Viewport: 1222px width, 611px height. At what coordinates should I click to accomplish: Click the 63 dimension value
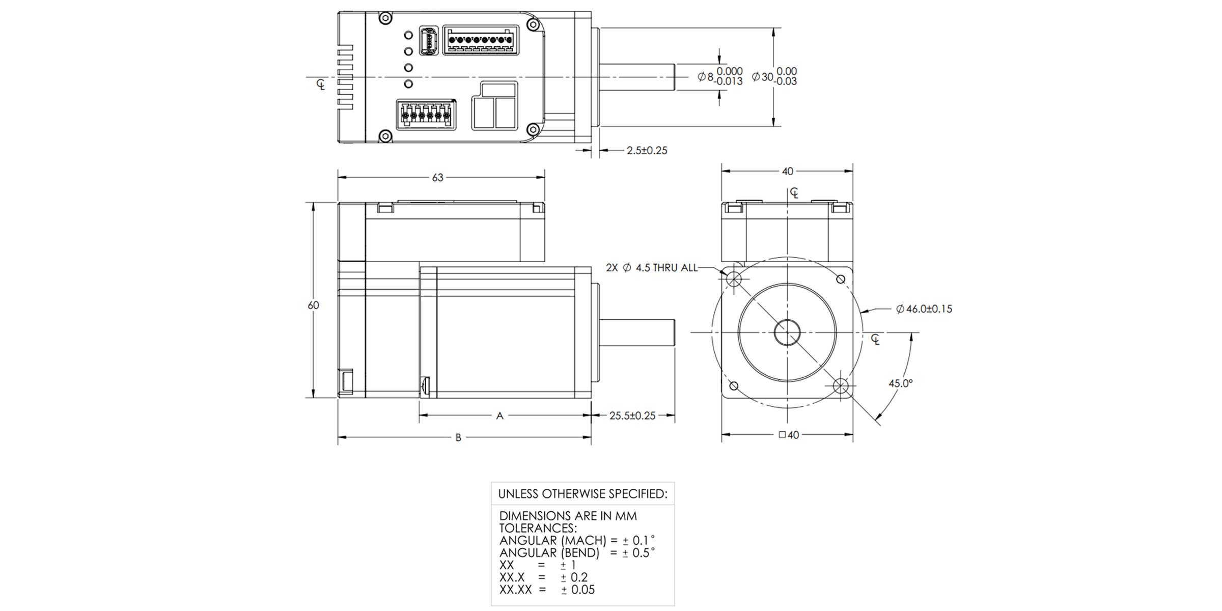[437, 178]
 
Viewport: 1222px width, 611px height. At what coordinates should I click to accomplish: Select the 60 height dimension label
[313, 305]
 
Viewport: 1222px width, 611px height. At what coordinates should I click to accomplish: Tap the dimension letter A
[499, 416]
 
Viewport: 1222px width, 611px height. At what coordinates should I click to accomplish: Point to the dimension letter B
[458, 438]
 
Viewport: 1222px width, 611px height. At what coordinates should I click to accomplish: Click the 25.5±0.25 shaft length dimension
[632, 416]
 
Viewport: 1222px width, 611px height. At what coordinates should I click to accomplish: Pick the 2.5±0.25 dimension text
[647, 151]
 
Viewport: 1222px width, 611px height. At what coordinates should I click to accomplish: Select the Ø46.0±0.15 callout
[924, 309]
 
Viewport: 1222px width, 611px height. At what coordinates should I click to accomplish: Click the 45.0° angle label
[900, 383]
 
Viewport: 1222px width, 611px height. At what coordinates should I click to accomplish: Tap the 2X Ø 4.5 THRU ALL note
[651, 268]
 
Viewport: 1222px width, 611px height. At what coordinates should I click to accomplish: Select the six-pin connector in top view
[426, 114]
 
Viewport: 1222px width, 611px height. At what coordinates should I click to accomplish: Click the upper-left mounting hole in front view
[734, 279]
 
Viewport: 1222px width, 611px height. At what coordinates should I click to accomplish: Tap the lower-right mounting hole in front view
[841, 386]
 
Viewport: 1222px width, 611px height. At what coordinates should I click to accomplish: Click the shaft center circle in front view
[787, 332]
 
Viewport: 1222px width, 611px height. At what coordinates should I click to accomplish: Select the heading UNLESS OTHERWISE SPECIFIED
[582, 494]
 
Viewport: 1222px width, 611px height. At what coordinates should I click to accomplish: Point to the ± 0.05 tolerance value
[577, 590]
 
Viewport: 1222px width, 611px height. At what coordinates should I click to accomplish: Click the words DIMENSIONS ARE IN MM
[568, 516]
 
